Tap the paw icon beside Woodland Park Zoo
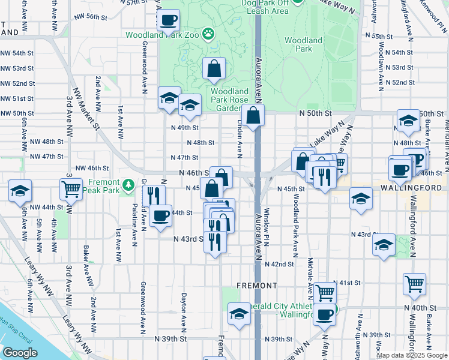[x=208, y=34]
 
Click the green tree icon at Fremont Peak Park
[x=128, y=182]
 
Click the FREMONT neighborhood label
[x=257, y=285]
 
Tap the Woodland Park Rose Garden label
[x=225, y=100]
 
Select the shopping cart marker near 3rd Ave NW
[x=71, y=189]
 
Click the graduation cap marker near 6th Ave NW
[x=20, y=191]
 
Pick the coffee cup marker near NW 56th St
[x=169, y=20]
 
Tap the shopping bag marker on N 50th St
[x=253, y=116]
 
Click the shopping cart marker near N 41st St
[x=325, y=293]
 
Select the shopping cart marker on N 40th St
[x=415, y=284]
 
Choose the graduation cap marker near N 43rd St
[x=384, y=245]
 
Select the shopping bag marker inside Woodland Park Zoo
[x=214, y=69]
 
